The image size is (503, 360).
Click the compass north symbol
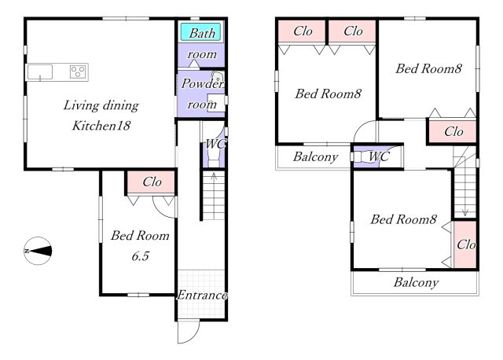click(x=38, y=251)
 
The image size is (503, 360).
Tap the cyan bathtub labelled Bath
click(x=201, y=32)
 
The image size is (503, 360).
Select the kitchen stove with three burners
click(x=78, y=72)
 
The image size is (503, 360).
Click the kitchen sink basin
click(x=40, y=72)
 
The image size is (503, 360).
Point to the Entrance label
click(x=202, y=295)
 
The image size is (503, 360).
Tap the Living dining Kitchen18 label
click(x=101, y=116)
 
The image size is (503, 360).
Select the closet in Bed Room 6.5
click(x=151, y=182)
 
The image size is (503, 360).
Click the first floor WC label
click(x=215, y=144)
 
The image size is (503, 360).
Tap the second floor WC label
click(x=379, y=156)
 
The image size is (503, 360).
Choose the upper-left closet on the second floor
click(x=302, y=31)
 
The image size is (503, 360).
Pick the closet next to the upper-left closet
click(x=352, y=31)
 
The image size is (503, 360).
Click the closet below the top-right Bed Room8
click(x=453, y=131)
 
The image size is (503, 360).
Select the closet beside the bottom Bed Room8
click(x=465, y=244)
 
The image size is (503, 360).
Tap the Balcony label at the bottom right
click(x=416, y=282)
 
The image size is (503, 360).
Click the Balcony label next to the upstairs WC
click(x=315, y=156)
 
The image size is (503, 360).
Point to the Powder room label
click(x=202, y=94)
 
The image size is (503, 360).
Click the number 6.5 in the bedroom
click(x=141, y=256)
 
